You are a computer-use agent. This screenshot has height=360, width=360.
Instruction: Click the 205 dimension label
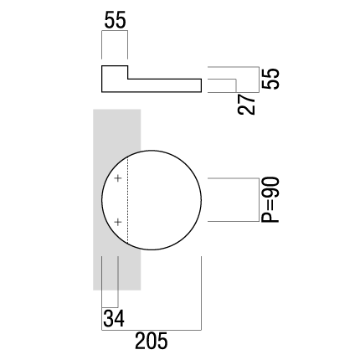pos(152,341)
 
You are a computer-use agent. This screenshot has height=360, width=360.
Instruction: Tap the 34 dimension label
pos(114,318)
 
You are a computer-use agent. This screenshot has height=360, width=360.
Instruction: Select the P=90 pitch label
pos(270,199)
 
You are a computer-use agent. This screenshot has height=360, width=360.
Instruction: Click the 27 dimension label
pos(247,104)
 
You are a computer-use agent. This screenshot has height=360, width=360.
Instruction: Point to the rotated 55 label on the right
pos(270,79)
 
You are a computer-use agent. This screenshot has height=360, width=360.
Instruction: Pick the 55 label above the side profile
pos(115,20)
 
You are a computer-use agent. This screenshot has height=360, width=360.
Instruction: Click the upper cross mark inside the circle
pos(118,178)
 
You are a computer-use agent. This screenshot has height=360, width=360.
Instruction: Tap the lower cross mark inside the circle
pos(118,222)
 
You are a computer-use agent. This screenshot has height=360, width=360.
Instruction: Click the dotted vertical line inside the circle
pos(128,200)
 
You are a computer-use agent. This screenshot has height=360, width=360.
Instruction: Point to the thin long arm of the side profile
pos(165,85)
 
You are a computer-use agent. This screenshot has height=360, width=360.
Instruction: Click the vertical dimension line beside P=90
pos(260,200)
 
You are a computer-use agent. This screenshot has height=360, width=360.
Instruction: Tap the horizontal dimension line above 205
pos(152,330)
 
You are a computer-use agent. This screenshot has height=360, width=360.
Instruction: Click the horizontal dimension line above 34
pos(110,307)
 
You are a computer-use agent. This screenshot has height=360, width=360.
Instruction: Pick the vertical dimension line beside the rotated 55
pos(260,80)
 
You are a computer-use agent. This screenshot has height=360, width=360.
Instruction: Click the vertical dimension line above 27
pos(236,85)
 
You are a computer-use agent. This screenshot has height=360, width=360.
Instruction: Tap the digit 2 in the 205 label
pos(141,341)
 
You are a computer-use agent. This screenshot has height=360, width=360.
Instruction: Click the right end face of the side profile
pos(201,85)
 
